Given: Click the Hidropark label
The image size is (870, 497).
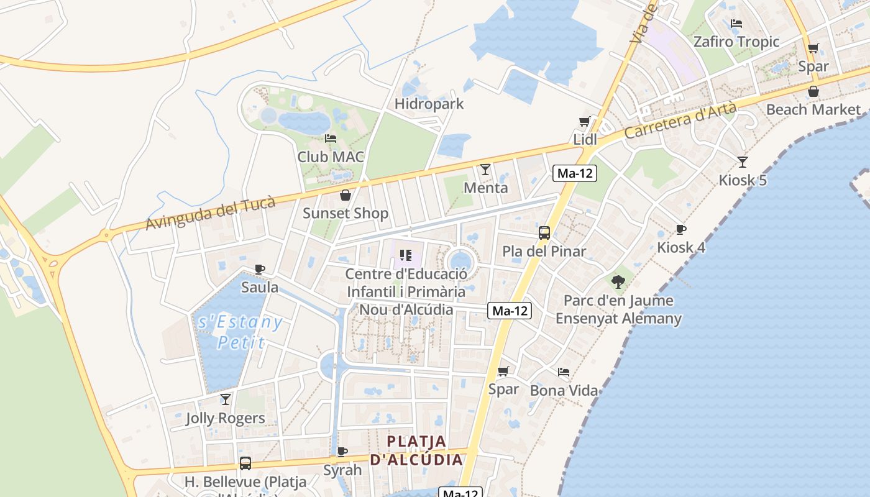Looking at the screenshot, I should point(429,104).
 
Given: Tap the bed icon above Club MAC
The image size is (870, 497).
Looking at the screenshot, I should point(331,138).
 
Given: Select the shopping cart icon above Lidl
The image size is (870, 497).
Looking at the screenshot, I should point(584,121).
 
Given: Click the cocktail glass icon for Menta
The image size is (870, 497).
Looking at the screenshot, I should point(485,169).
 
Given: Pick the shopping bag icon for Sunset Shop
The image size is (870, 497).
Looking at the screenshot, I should point(346,195).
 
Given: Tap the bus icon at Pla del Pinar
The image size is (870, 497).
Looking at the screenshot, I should point(544,233).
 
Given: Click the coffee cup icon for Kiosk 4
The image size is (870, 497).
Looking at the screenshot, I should point(681,229).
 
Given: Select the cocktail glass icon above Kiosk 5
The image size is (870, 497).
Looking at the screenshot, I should point(743,162).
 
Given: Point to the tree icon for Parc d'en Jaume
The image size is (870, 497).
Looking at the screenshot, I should point(618,282).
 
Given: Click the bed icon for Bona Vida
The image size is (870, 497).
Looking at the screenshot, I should point(564,372).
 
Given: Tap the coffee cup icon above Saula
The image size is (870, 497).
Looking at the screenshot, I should point(260,269).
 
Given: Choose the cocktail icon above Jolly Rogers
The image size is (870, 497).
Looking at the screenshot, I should point(226,399).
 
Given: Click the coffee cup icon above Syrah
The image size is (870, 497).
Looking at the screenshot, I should point(342,452).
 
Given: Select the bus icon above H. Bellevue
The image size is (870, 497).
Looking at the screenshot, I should point(245,463).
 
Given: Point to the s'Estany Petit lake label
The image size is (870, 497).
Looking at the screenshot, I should point(240,332).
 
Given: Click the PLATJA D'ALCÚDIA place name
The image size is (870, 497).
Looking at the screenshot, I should point(416,450).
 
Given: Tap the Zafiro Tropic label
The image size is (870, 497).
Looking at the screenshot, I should point(736,42).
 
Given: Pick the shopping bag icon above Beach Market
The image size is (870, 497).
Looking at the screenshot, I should point(813,92).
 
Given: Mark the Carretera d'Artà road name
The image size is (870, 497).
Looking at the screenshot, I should point(680,121).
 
